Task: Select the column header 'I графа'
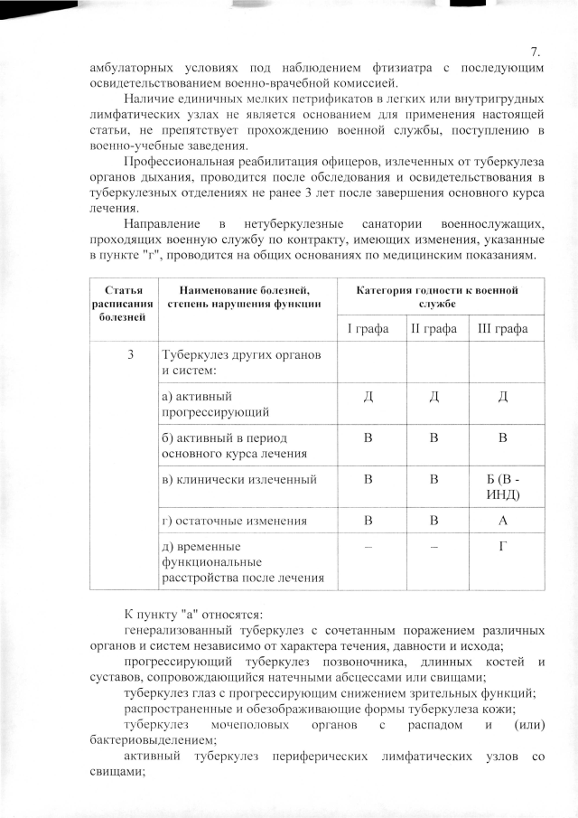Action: point(368,327)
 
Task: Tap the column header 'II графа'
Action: point(436,327)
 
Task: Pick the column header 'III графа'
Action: point(503,327)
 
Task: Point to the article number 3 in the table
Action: point(132,355)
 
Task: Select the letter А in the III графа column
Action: point(503,520)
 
